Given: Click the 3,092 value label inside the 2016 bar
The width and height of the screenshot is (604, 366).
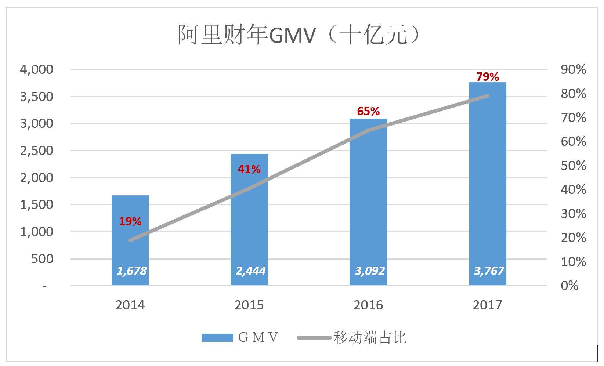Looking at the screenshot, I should tap(369, 271).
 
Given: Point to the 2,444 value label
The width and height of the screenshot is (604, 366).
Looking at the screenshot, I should tap(250, 271).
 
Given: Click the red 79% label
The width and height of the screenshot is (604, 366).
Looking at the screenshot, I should tap(487, 77).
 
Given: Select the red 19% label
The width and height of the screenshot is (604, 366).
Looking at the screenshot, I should tap(130, 221).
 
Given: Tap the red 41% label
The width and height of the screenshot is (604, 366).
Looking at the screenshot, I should tap(249, 169).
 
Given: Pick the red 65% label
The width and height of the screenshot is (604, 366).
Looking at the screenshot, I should tap(368, 111).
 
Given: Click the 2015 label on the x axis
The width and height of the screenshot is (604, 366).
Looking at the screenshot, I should tap(249, 305).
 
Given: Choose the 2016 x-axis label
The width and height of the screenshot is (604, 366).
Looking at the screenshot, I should tap(368, 305).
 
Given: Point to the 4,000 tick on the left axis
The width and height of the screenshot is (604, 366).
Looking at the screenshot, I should tap(36, 69).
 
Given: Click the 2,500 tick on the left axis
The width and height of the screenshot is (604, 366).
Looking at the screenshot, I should tap(36, 151).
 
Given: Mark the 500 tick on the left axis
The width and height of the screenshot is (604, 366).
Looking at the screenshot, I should tap(43, 259).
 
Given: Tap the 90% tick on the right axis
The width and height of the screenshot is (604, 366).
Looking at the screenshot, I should tap(573, 69).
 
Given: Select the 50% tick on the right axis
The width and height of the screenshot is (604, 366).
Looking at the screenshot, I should tap(573, 166).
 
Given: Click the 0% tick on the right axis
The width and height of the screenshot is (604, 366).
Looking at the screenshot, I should tap(569, 286).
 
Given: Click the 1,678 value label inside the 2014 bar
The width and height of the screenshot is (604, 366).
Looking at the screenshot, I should tap(131, 271).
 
